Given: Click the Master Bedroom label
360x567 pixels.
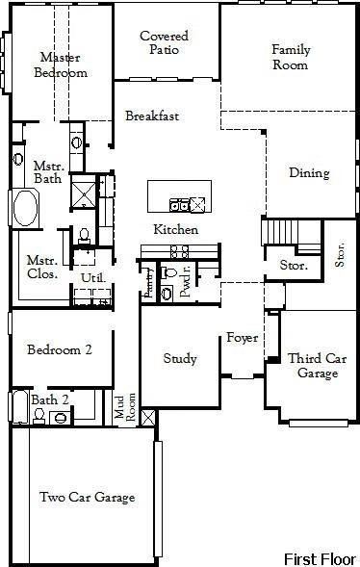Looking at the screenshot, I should (x=61, y=64).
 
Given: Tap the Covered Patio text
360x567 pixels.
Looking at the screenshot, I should (x=164, y=43).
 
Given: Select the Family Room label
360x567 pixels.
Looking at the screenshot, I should (x=290, y=57).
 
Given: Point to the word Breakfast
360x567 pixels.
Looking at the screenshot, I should (x=152, y=116).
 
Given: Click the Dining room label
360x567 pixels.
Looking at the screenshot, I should (x=309, y=173).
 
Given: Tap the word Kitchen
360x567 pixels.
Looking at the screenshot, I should (x=176, y=230).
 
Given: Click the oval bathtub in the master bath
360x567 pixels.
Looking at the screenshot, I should (x=24, y=207).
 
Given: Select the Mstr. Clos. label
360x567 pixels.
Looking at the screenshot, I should (x=42, y=266).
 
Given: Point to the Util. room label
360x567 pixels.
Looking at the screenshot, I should (x=92, y=278).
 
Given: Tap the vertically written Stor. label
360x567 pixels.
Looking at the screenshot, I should (x=340, y=254).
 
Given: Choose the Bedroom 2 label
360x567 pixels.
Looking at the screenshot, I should (x=59, y=350).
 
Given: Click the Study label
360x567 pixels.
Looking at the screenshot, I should (x=180, y=359).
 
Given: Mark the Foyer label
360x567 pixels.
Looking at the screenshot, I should (x=241, y=338).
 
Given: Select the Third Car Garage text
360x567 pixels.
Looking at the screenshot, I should (x=317, y=366).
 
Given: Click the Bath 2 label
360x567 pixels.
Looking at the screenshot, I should (x=50, y=399).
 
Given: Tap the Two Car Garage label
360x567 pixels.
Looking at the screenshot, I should (x=87, y=498).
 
